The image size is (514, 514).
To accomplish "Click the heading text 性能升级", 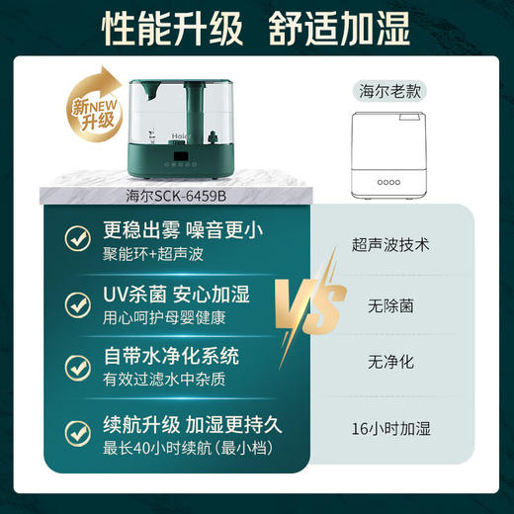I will pyautogui.click(x=173, y=31).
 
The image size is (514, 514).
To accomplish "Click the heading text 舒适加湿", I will pyautogui.click(x=339, y=31).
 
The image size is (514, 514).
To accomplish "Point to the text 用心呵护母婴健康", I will pyautogui.click(x=165, y=318).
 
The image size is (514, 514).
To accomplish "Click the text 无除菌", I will pyautogui.click(x=390, y=306).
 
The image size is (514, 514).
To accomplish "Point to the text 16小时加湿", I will pyautogui.click(x=390, y=429).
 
